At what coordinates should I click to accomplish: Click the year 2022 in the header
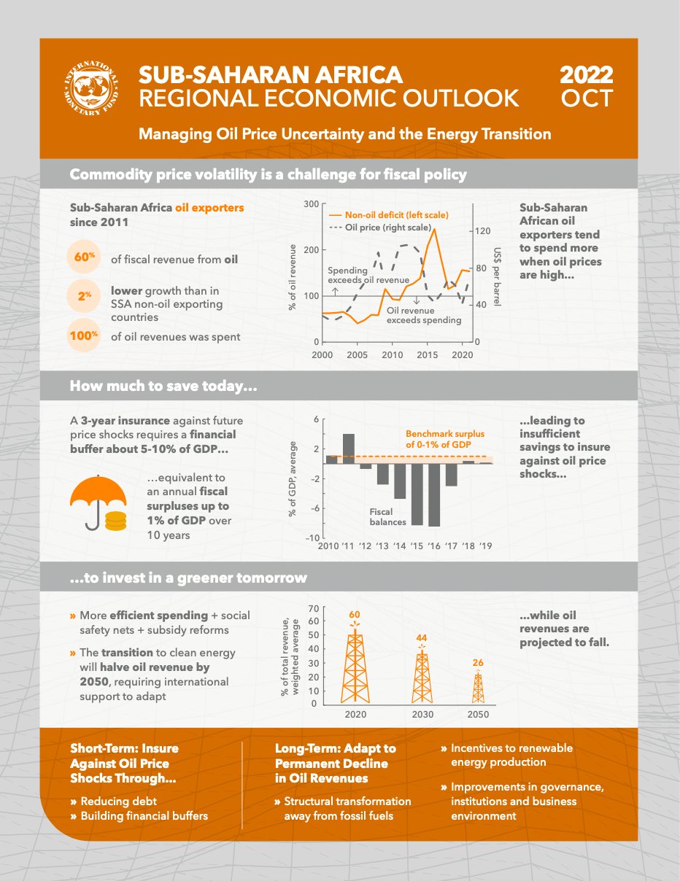[x=586, y=75]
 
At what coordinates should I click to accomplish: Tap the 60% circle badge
[x=85, y=257]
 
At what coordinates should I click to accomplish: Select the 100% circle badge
[x=83, y=336]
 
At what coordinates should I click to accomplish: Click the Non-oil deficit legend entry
[x=388, y=215]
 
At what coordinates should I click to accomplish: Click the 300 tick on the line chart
[x=312, y=204]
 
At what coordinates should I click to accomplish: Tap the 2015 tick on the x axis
[x=428, y=355]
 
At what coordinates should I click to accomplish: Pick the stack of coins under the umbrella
[x=115, y=521]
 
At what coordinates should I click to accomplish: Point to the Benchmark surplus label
[x=444, y=439]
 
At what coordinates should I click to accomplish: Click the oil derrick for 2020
[x=355, y=666]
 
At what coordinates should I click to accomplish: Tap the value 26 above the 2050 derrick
[x=478, y=663]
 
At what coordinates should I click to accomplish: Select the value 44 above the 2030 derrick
[x=422, y=638]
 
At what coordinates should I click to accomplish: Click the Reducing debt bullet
[x=111, y=801]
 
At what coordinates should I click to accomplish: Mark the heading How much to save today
[x=163, y=386]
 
